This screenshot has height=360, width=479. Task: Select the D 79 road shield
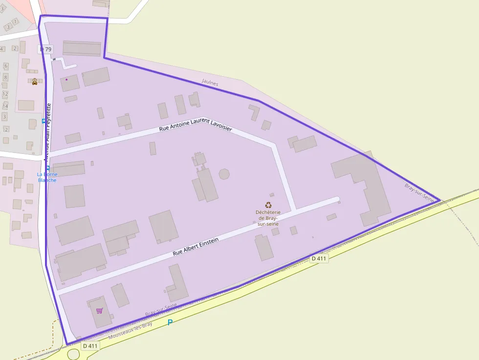pyautogui.click(x=45, y=49)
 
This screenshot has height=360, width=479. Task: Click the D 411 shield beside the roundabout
pyautogui.click(x=90, y=346)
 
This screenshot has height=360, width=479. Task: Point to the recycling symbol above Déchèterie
pyautogui.click(x=268, y=206)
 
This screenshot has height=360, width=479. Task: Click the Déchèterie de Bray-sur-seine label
pyautogui.click(x=268, y=218)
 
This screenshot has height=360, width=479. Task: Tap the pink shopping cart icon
pyautogui.click(x=99, y=311)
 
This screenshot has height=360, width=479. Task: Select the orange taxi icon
pyautogui.click(x=35, y=82)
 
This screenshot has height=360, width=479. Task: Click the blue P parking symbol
pyautogui.click(x=170, y=322)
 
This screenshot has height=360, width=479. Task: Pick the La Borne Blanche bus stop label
pyautogui.click(x=47, y=177)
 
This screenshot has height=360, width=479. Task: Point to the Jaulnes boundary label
pyautogui.click(x=210, y=84)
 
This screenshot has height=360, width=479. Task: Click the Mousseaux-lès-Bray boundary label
pyautogui.click(x=131, y=330)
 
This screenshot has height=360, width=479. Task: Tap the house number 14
pyautogui.click(x=5, y=106)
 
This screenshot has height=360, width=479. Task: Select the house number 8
pyautogui.click(x=5, y=77)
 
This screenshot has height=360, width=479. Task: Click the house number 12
pyautogui.click(x=5, y=94)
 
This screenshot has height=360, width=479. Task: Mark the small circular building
pyautogui.click(x=224, y=174)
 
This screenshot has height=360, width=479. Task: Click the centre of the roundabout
pyautogui.click(x=73, y=355)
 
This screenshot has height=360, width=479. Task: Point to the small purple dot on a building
pyautogui.click(x=66, y=79)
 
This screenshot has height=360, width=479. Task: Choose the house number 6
pyautogui.click(x=6, y=65)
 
